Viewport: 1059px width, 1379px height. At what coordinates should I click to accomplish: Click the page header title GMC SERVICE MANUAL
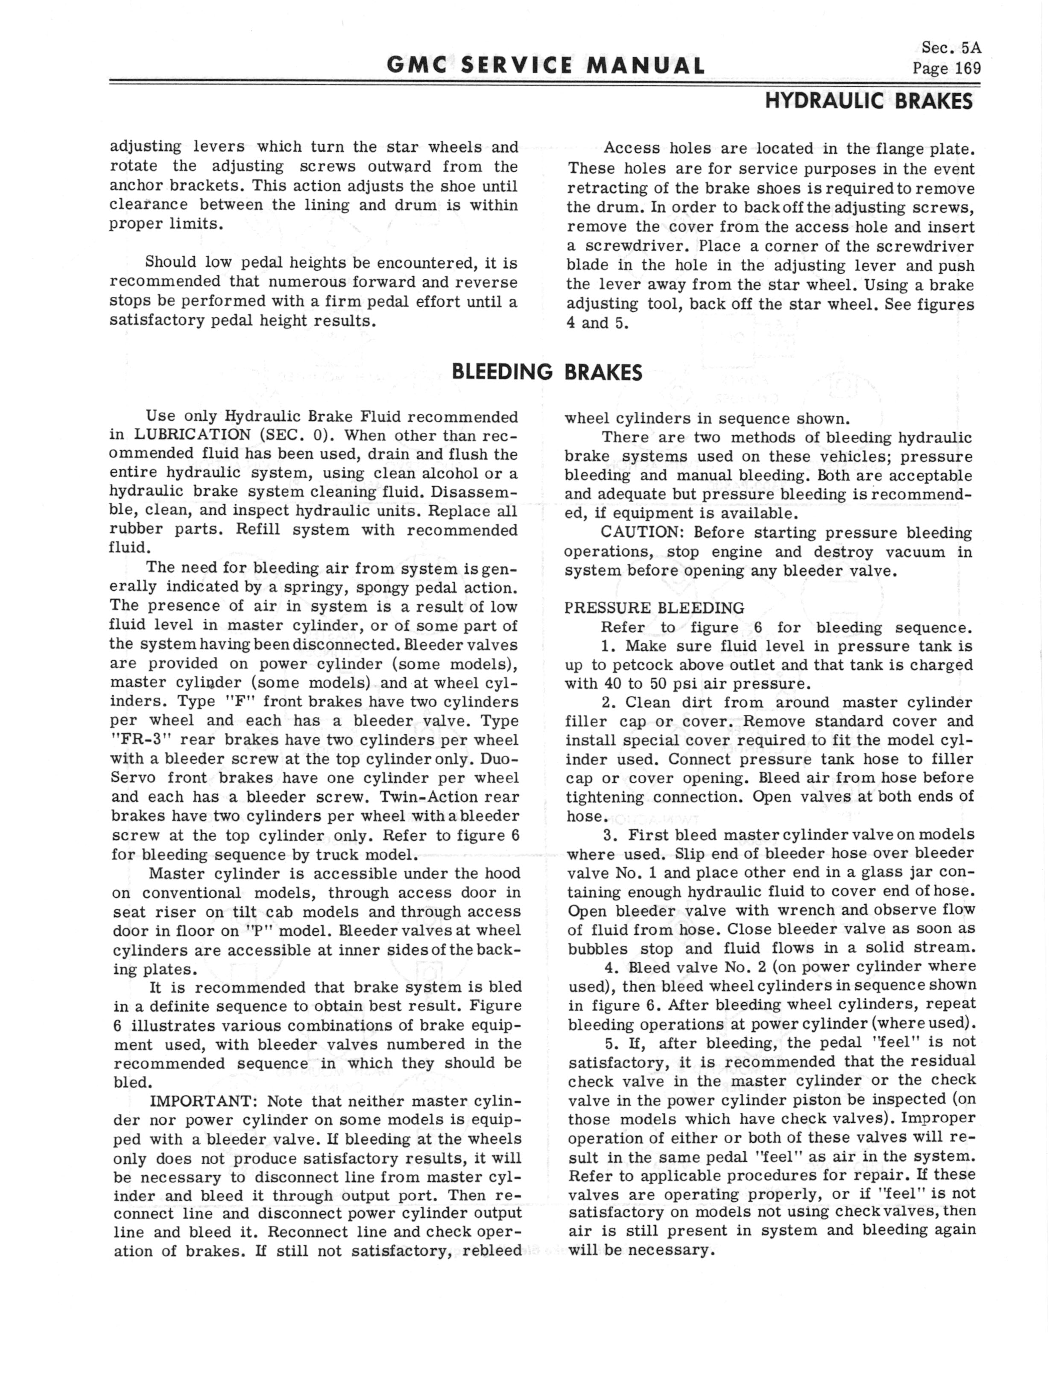(545, 65)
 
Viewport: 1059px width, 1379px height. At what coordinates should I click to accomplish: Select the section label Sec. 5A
(951, 47)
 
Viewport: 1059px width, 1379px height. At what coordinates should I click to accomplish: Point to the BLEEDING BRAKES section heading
(547, 372)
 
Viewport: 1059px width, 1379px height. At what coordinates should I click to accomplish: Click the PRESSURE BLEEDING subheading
(654, 608)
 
